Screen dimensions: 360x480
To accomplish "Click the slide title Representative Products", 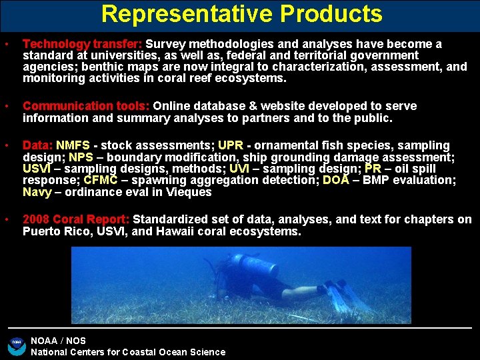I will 242,14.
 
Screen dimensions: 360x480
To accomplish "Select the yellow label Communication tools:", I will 87,106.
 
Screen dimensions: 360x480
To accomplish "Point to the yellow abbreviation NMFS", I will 73,145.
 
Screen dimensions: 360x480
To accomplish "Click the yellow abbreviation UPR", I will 231,145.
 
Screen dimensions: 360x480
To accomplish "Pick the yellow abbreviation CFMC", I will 102,181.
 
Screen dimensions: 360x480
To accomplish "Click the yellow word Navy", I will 37,192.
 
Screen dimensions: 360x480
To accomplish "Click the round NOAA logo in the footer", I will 16,345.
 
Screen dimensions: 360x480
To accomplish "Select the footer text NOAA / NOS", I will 59,341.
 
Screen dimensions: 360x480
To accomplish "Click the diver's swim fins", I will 347,296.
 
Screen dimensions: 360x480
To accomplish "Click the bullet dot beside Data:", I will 6,145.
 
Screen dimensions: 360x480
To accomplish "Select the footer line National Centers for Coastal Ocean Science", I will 128,352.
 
